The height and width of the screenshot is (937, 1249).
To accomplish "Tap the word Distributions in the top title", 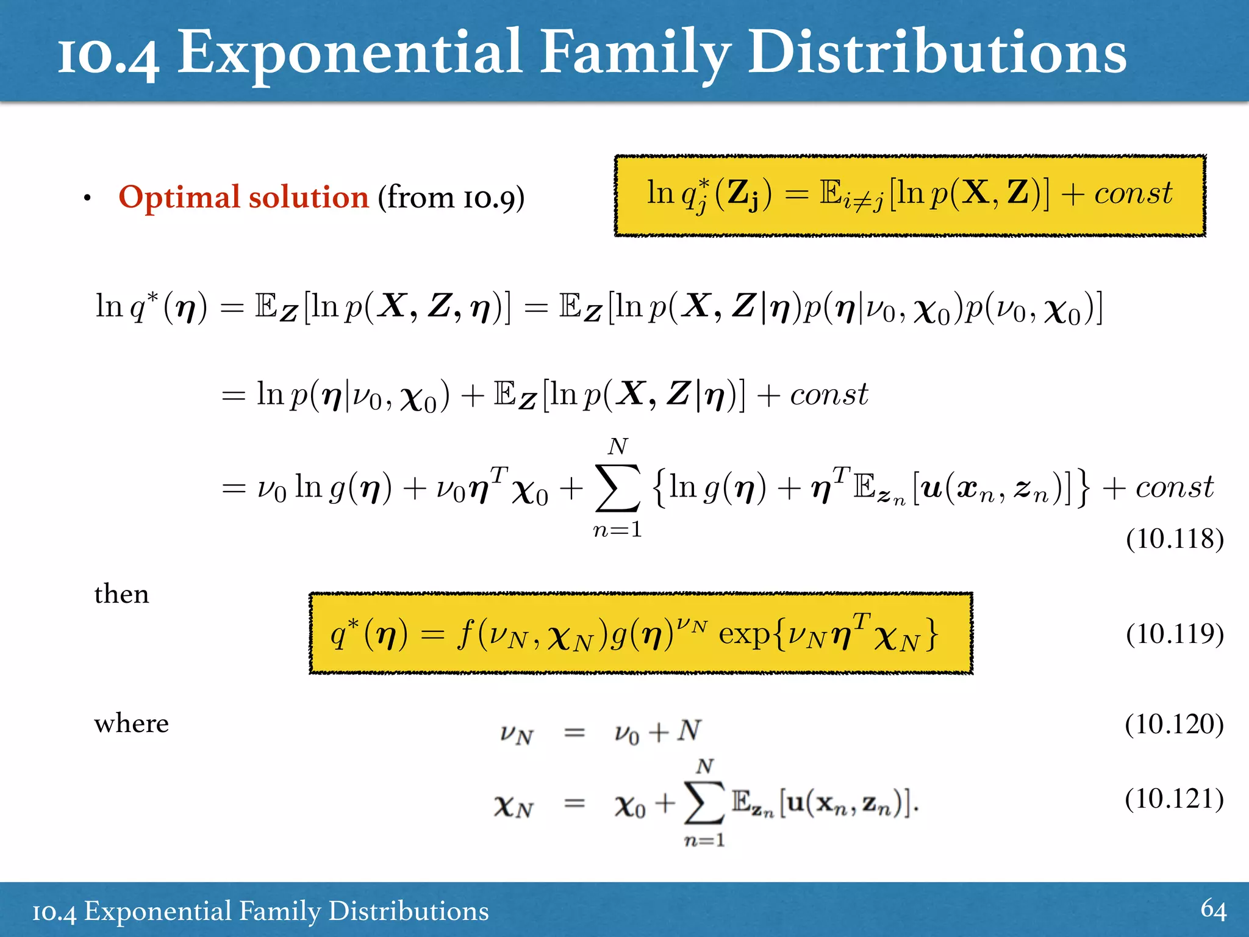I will [x=937, y=54].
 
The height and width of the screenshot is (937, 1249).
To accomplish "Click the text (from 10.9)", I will [x=451, y=198].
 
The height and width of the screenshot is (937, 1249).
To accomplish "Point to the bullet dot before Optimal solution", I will [x=88, y=198].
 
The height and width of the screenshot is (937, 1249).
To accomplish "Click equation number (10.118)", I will [x=1175, y=539].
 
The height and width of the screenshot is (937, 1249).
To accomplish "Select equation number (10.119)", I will [x=1175, y=634].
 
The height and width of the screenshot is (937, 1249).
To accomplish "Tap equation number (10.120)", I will [x=1174, y=724].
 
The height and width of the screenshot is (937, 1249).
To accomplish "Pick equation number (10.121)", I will [x=1174, y=799].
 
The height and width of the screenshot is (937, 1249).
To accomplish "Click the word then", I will [x=121, y=594].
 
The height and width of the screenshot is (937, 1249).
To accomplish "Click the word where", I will [x=131, y=723].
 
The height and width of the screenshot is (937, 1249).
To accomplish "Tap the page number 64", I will [x=1213, y=909].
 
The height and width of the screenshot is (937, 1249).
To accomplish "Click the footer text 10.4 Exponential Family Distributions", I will [x=260, y=911].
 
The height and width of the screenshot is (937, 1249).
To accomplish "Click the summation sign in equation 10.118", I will [x=618, y=488].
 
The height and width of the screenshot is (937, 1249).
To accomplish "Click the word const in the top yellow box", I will [x=1133, y=193].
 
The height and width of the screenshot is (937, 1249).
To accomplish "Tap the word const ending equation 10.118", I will [x=1174, y=487].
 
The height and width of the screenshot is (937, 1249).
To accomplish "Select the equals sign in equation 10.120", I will [x=574, y=732].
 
